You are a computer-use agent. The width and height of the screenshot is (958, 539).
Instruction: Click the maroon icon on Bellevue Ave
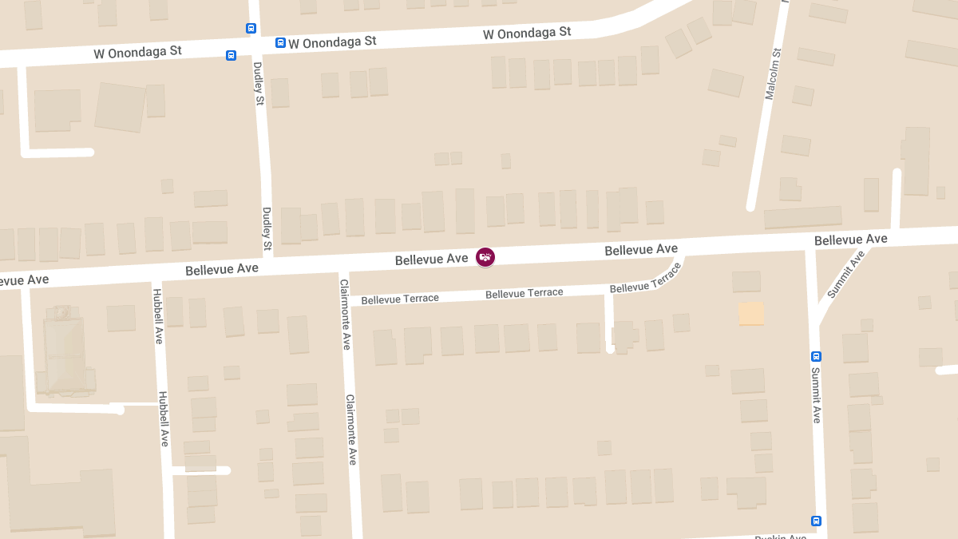485,257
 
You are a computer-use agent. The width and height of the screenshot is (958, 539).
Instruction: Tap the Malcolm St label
772,73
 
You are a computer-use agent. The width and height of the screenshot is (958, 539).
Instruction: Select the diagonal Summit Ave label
845,275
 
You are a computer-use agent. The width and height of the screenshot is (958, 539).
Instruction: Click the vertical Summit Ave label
816,394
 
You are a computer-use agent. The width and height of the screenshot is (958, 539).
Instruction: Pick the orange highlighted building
751,313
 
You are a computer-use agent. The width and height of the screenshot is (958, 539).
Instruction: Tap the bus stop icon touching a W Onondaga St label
280,42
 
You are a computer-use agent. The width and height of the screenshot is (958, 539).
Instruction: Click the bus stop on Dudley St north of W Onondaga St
251,28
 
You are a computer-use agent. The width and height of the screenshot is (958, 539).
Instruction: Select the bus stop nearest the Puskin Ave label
816,521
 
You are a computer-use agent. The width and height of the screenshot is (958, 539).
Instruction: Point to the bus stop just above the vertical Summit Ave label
816,356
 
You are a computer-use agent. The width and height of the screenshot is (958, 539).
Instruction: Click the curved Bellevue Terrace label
645,278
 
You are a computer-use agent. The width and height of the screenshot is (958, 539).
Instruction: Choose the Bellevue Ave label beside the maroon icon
431,260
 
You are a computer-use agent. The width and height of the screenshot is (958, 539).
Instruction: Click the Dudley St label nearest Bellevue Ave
267,228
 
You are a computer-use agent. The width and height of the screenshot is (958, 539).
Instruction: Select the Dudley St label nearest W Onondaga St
258,83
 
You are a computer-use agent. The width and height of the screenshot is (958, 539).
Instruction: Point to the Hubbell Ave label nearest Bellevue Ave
157,314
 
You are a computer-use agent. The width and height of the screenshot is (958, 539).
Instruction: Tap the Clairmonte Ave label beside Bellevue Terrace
345,314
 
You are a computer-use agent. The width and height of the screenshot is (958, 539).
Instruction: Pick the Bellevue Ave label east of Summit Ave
850,240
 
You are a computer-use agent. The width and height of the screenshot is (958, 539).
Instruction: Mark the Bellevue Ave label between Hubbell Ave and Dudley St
222,269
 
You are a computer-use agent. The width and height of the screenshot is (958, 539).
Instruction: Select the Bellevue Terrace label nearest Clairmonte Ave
400,299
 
